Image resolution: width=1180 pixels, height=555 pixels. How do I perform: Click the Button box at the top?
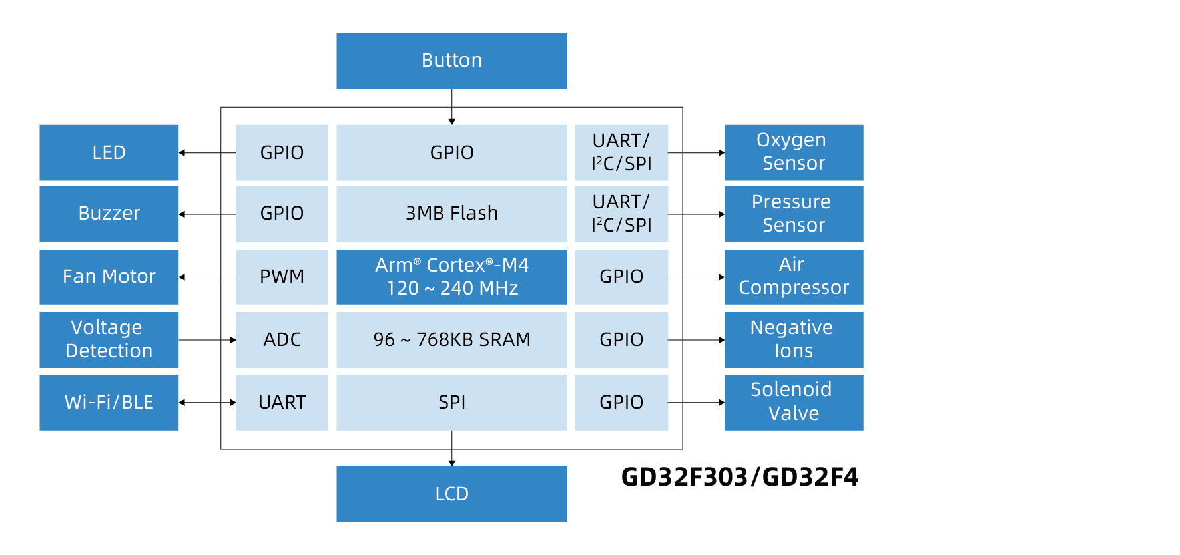pyautogui.click(x=451, y=61)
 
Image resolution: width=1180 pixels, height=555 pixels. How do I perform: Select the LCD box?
pyautogui.click(x=451, y=494)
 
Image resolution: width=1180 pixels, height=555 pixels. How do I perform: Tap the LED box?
pyautogui.click(x=109, y=152)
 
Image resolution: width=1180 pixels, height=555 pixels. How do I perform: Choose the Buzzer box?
pyautogui.click(x=109, y=214)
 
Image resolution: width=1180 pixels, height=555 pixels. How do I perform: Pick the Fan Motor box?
pyautogui.click(x=109, y=277)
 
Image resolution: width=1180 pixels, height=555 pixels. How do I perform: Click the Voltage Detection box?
pyautogui.click(x=109, y=339)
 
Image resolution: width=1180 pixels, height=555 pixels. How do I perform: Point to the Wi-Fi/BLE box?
pyautogui.click(x=109, y=402)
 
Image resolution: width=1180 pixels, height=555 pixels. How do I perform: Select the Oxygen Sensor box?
pyautogui.click(x=793, y=152)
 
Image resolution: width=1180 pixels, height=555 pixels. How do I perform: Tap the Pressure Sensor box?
pyautogui.click(x=793, y=214)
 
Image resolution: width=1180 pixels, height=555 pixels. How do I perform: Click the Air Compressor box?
pyautogui.click(x=793, y=277)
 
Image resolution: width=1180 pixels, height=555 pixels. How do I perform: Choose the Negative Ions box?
pyautogui.click(x=793, y=339)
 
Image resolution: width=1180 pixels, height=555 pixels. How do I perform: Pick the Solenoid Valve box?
pyautogui.click(x=793, y=402)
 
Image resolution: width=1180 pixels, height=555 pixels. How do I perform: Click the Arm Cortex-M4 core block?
pyautogui.click(x=451, y=277)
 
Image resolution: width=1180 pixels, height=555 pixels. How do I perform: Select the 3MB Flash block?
pyautogui.click(x=451, y=214)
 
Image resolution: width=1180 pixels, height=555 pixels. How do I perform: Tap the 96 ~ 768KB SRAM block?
pyautogui.click(x=451, y=339)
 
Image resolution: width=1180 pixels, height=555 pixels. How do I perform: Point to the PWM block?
pyautogui.click(x=282, y=277)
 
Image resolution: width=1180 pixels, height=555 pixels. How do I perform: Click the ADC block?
pyautogui.click(x=282, y=339)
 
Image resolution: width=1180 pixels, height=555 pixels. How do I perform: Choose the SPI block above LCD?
pyautogui.click(x=451, y=402)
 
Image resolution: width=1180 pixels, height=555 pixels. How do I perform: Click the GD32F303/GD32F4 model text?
pyautogui.click(x=739, y=477)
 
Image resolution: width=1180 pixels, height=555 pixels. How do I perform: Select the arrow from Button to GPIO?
pyautogui.click(x=452, y=106)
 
